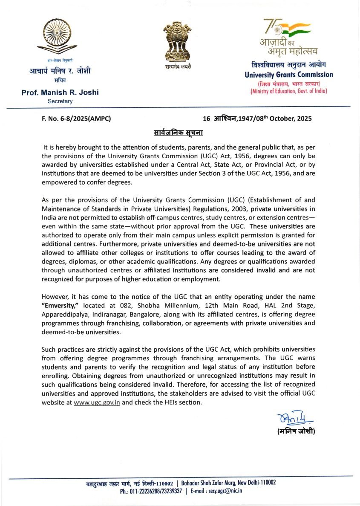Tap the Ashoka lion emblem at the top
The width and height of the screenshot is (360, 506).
click(179, 43)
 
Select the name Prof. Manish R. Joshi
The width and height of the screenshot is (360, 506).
click(60, 92)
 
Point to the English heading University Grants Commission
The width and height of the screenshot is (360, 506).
click(288, 75)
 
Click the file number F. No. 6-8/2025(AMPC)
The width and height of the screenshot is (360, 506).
click(76, 119)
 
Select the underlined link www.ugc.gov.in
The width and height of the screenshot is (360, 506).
click(97, 402)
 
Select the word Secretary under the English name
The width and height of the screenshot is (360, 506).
click(60, 101)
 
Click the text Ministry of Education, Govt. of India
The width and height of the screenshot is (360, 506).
click(288, 91)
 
